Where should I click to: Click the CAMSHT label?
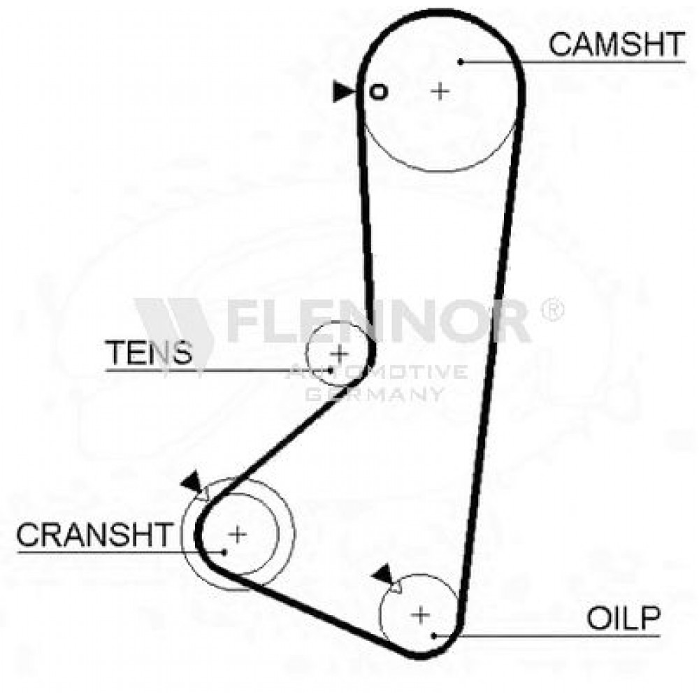coord(617,44)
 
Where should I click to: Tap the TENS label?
coord(148,352)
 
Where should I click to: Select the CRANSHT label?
coord(94,535)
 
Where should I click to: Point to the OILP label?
coord(624,618)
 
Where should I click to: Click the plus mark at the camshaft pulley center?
coord(440,92)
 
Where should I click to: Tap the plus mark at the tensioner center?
coord(340,354)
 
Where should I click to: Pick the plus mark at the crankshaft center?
coord(238,534)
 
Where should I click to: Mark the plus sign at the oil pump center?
coord(420,616)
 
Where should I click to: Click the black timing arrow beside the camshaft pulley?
coord(344,92)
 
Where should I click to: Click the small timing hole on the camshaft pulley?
coord(378,92)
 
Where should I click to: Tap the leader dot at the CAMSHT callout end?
coord(461,62)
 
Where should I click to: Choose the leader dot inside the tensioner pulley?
coord(331,370)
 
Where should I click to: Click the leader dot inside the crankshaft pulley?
coord(225,552)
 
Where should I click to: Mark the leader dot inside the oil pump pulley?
coord(434,635)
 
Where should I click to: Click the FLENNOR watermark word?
coord(379,321)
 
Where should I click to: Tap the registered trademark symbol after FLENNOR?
coord(553,308)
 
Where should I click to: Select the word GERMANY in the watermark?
coord(375,394)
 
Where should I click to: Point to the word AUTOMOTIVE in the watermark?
coord(377,371)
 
